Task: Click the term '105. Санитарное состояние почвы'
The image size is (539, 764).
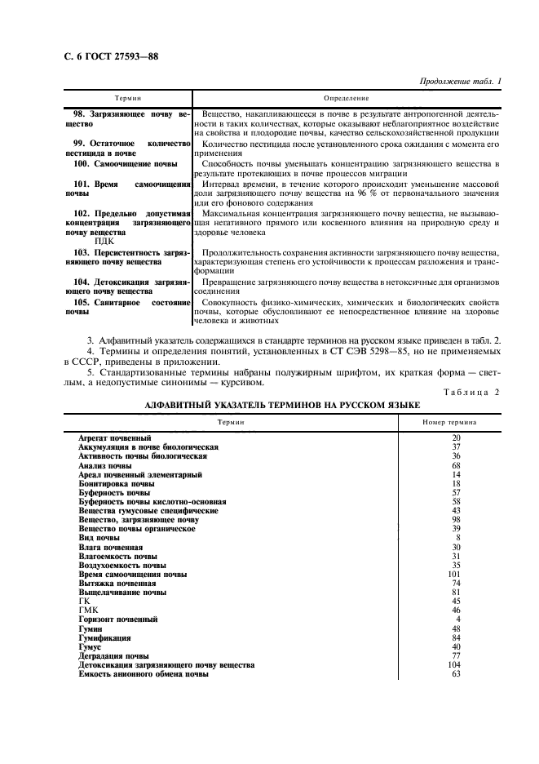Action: (126, 307)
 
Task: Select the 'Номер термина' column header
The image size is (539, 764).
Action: (450, 422)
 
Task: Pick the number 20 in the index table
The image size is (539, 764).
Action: (456, 438)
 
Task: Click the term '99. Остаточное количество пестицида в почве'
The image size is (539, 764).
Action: (126, 147)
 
